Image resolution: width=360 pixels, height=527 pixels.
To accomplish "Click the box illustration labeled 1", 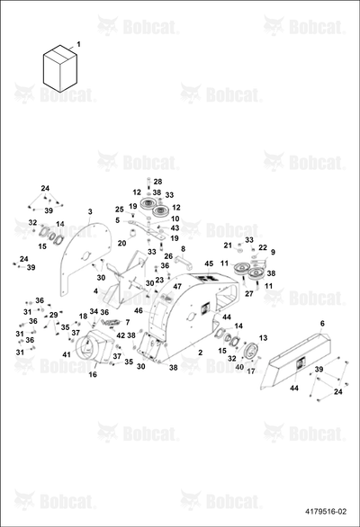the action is (60, 68).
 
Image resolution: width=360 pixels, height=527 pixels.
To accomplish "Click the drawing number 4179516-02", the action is (325, 512).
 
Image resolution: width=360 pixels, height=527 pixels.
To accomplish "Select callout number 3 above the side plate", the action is (90, 211).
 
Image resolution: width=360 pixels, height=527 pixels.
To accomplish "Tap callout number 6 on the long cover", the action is (322, 324).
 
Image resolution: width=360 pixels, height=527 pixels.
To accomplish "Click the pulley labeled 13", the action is (251, 352).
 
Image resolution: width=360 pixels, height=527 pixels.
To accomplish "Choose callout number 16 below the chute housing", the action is (93, 374).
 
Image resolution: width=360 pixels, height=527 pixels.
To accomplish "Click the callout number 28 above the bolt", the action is (157, 182).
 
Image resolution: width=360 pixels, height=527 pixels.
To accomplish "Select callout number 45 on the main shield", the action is (209, 264).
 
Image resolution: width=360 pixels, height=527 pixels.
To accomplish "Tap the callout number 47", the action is (177, 286).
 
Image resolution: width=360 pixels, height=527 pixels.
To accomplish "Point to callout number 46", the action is (139, 311).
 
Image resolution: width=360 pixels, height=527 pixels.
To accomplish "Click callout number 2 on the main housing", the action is (201, 353).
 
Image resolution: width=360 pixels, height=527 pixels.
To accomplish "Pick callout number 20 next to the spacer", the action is (121, 243).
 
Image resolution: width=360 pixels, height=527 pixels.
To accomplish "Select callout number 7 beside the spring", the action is (128, 323).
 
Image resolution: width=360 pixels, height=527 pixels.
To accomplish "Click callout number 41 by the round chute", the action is (67, 354).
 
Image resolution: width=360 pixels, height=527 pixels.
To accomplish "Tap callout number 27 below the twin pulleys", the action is (249, 294).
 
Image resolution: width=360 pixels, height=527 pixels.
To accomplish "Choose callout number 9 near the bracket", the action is (273, 252).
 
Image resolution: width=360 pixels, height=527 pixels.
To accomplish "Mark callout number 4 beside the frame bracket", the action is (96, 291).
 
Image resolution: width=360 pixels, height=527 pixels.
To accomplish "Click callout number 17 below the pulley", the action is (251, 371).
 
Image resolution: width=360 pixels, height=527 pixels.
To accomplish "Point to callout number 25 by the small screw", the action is (120, 210).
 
